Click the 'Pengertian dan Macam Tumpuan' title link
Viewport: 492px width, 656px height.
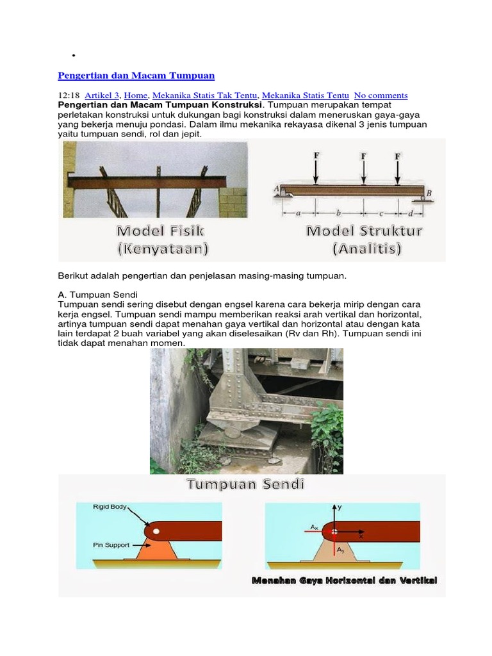[136, 76]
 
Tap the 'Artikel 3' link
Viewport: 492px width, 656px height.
[102, 95]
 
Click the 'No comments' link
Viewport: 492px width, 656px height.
[381, 95]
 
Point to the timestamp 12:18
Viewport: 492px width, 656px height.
[69, 95]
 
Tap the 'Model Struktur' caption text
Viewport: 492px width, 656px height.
[364, 231]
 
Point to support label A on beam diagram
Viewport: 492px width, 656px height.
[277, 188]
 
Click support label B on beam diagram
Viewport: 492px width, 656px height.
[429, 193]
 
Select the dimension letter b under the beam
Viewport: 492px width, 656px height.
[339, 211]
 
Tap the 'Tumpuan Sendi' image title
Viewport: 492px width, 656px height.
[245, 484]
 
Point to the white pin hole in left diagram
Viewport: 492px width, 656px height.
[156, 531]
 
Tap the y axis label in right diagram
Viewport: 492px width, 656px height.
[340, 506]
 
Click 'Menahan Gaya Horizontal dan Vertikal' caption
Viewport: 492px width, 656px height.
[344, 580]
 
